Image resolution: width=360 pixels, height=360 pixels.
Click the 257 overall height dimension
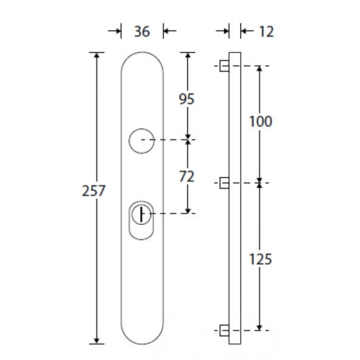[94, 191]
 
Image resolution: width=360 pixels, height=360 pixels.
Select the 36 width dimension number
[142, 31]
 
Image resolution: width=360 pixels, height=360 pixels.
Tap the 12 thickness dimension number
[266, 31]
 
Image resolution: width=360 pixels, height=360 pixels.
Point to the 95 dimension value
[187, 99]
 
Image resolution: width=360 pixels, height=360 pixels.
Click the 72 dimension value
[187, 176]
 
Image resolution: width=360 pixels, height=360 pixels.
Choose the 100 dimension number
[261, 121]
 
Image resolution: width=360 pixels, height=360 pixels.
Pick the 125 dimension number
[261, 259]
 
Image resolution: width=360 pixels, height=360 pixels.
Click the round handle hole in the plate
[129, 141]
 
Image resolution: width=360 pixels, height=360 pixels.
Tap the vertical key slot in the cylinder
[141, 214]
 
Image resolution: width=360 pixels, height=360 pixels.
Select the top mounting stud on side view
[224, 66]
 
